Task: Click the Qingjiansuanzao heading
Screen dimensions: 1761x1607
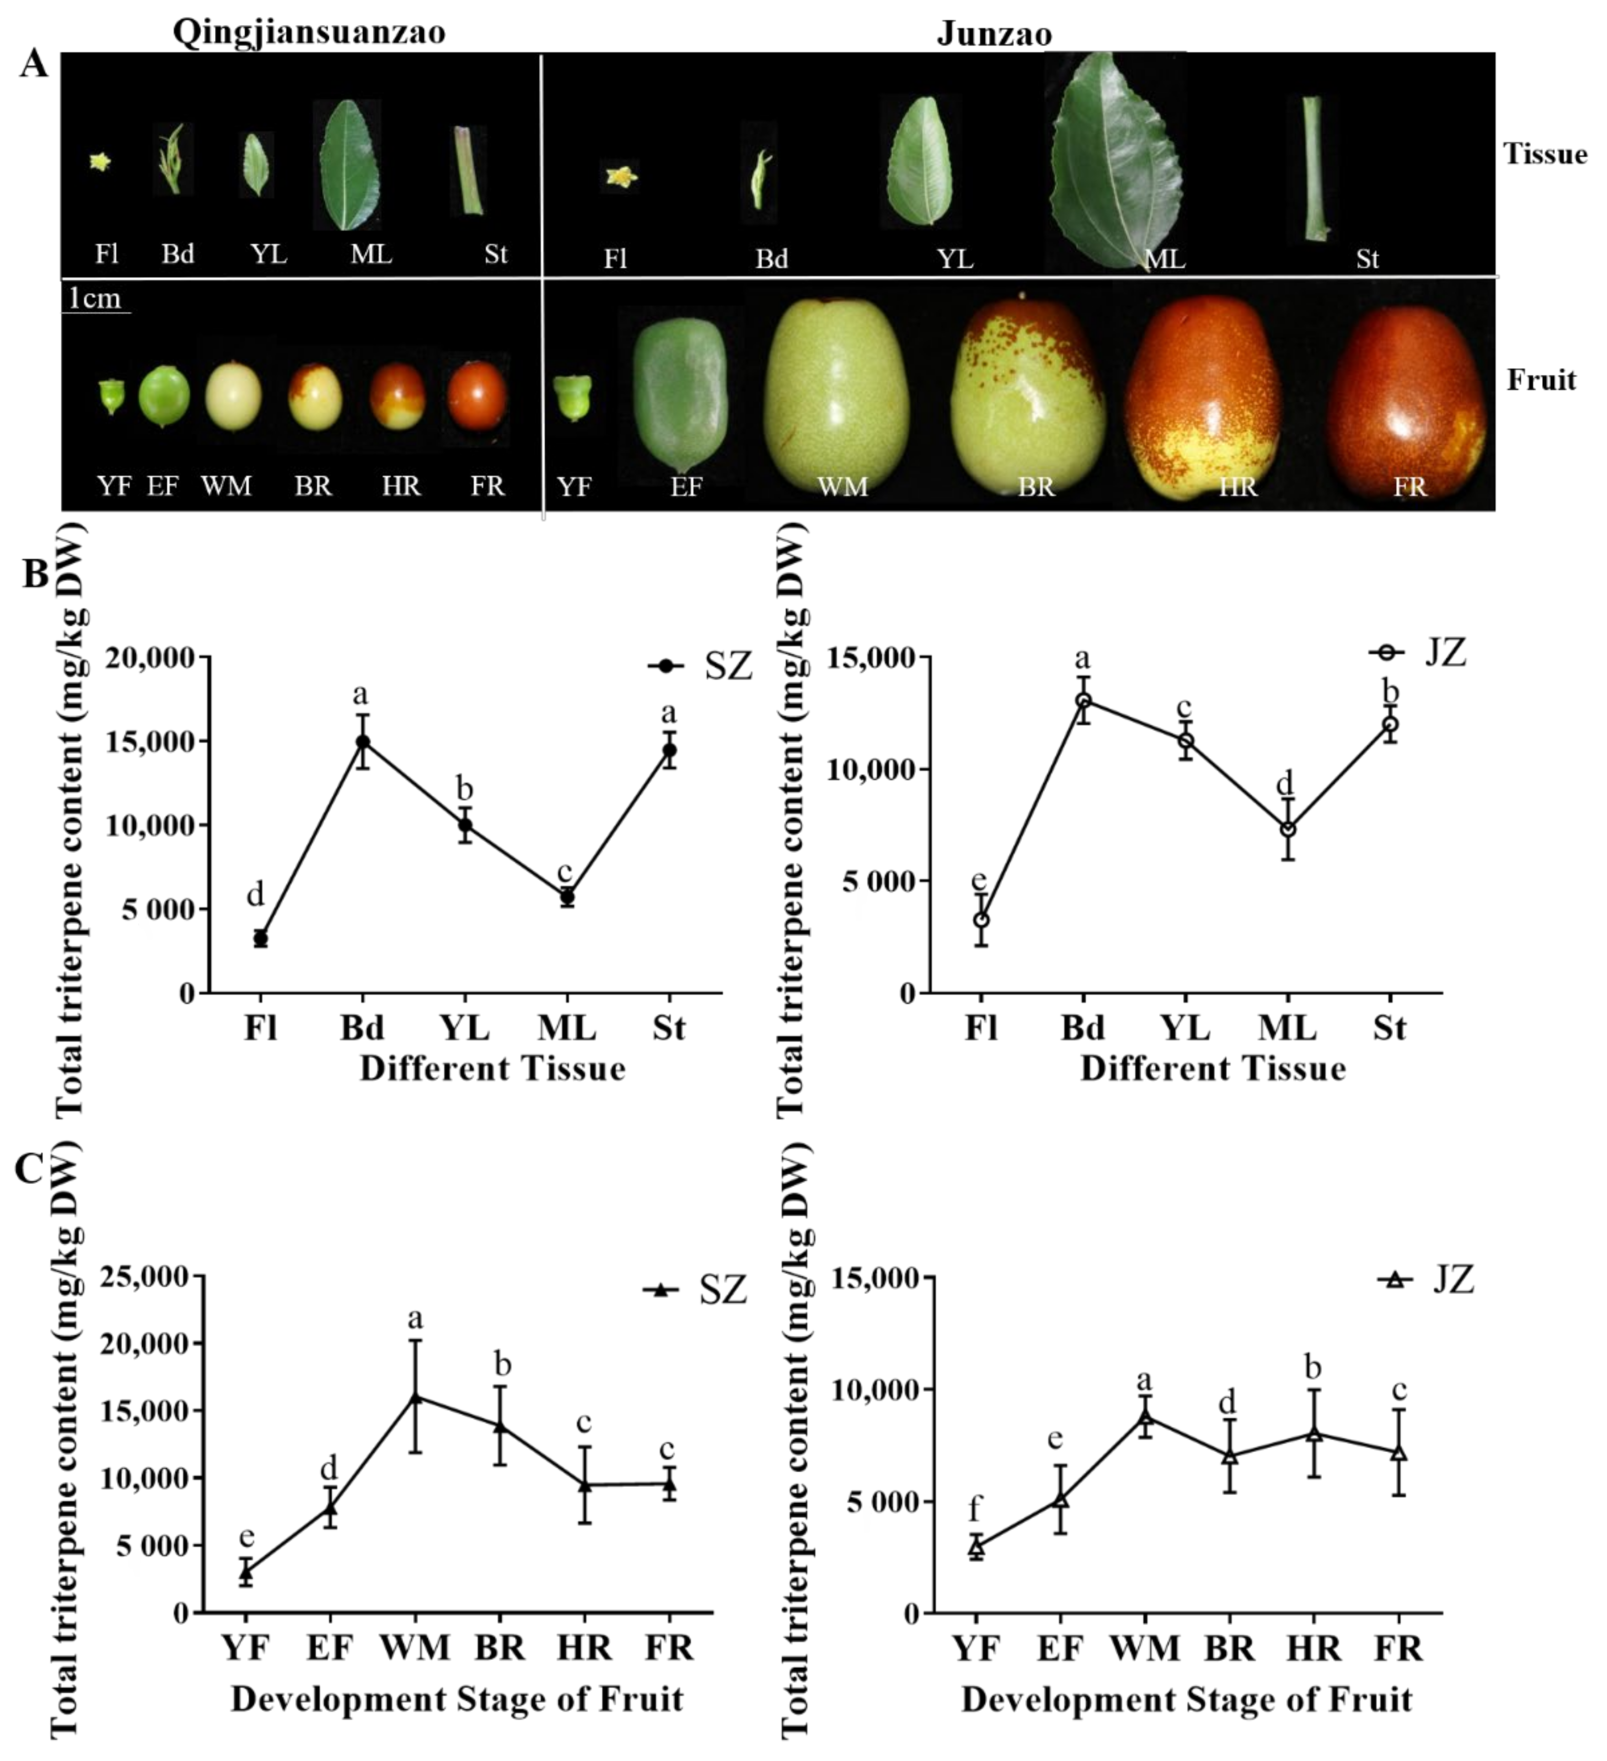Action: (x=309, y=31)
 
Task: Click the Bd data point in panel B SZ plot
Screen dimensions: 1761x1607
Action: (x=361, y=742)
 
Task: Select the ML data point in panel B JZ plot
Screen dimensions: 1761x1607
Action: (x=1287, y=829)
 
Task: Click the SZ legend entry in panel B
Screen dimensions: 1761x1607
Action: (x=699, y=667)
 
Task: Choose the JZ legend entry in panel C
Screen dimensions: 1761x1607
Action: (x=1426, y=1280)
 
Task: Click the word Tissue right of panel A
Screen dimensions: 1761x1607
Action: (x=1544, y=154)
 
